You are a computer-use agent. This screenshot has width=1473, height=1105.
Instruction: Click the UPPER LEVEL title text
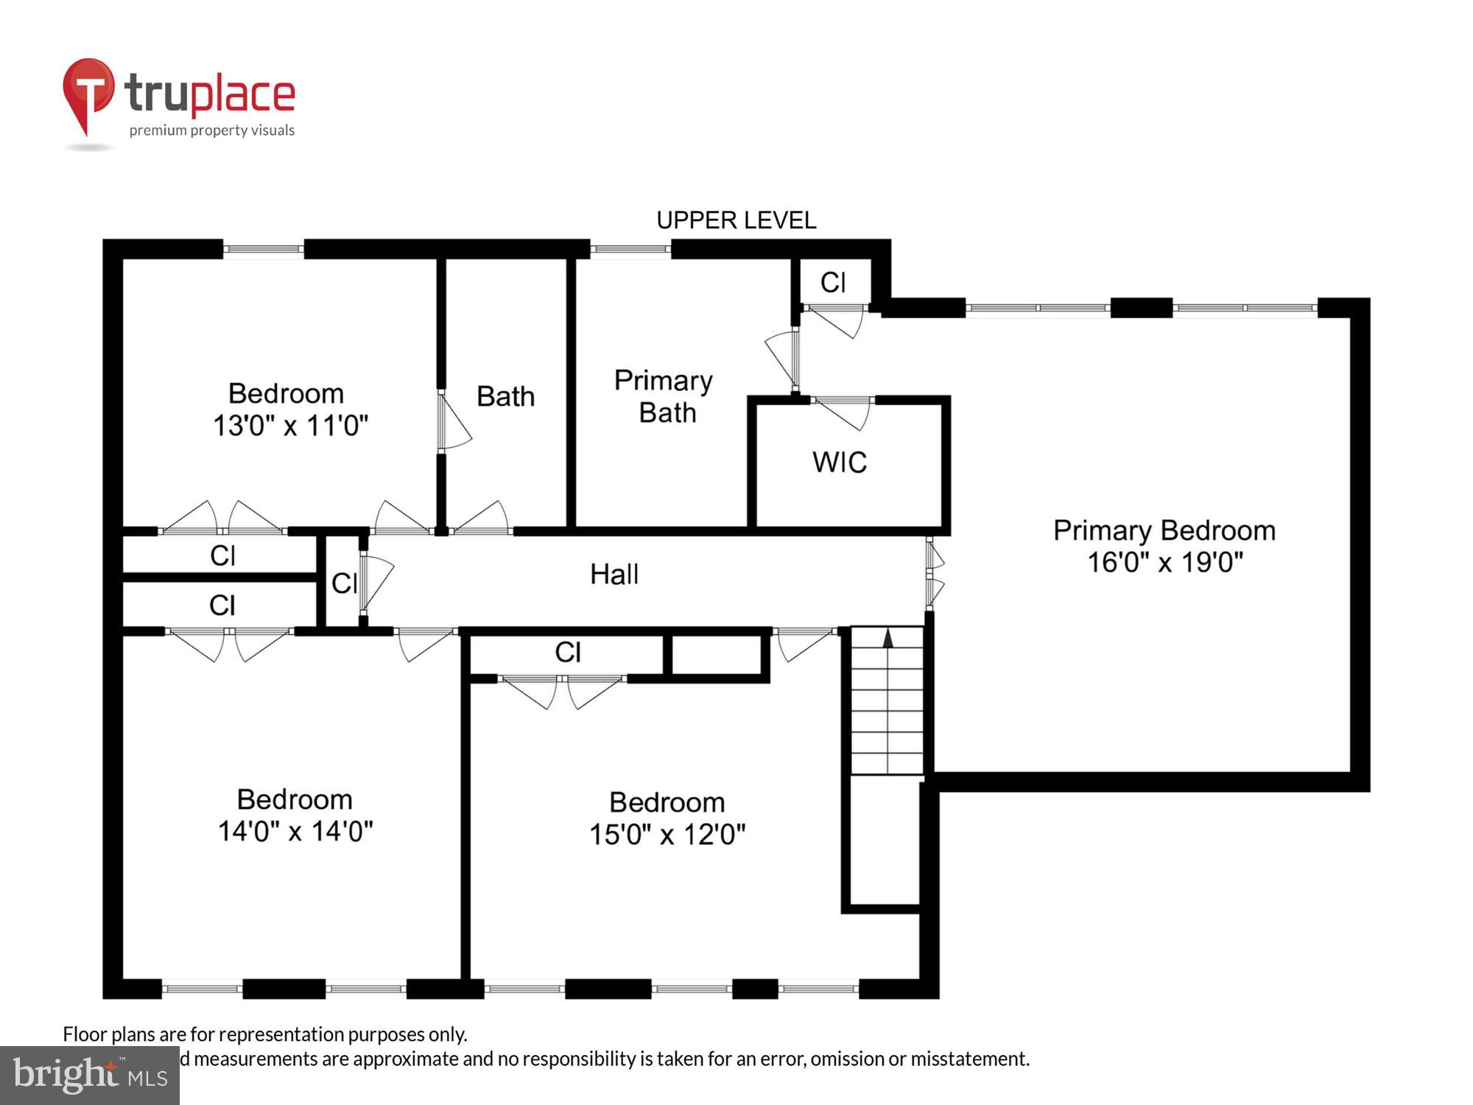736,220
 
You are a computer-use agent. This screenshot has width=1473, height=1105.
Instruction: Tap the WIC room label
840,463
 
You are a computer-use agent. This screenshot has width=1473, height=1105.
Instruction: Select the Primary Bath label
664,396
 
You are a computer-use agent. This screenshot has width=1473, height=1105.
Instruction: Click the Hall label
614,574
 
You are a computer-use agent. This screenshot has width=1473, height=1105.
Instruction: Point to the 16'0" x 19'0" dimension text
1164,563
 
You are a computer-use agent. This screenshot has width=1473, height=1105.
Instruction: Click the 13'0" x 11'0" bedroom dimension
290,426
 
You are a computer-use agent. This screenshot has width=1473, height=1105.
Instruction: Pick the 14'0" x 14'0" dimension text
295,832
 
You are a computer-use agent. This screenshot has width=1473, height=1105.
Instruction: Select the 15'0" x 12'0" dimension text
667,835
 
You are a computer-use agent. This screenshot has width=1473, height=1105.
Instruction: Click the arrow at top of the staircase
888,639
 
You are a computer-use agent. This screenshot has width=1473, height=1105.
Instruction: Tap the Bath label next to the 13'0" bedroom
505,396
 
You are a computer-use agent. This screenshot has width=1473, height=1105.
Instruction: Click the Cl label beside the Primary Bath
833,283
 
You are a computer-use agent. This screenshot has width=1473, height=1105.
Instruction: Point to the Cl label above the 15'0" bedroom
568,652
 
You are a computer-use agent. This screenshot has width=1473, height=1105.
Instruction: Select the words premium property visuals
212,130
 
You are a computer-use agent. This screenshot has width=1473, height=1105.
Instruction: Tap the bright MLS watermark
90,1076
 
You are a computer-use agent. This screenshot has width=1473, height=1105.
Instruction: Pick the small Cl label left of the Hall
344,583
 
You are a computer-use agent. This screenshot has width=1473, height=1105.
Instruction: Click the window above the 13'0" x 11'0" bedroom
264,249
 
